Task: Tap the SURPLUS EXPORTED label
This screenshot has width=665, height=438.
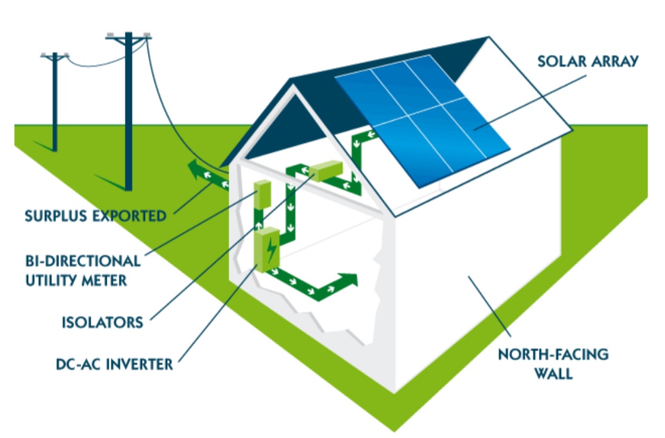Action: [96, 215]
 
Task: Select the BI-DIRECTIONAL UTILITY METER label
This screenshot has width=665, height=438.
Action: [83, 270]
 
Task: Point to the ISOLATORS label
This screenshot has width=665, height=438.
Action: [103, 323]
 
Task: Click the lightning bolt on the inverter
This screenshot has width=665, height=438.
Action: [272, 250]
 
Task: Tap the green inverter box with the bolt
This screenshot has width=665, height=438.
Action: [266, 251]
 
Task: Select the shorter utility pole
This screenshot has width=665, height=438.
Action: [55, 101]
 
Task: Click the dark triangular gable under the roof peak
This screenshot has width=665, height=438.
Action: [281, 128]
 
